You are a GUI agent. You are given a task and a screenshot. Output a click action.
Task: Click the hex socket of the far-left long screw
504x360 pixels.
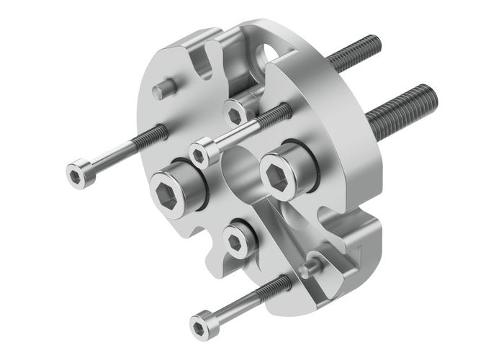tap(76, 174)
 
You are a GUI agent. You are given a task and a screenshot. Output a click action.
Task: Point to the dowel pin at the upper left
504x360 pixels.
tap(165, 89)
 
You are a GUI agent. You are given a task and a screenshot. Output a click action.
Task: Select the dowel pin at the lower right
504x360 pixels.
tap(310, 266)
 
